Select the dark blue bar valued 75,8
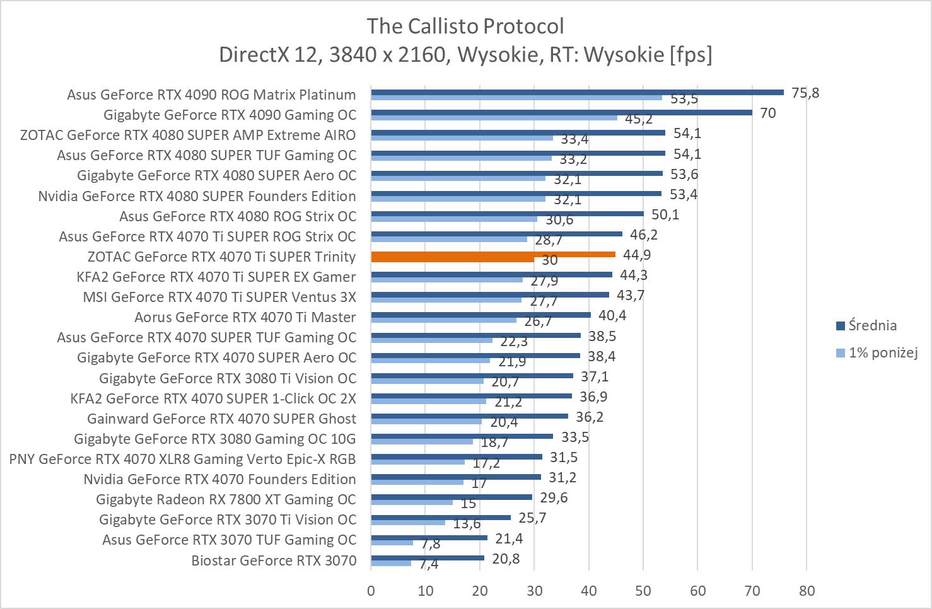576,92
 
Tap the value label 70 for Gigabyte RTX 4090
767,113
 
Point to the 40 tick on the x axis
589,591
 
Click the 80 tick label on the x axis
807,591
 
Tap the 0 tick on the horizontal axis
371,591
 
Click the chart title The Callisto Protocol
465,26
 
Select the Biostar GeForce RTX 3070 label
274,560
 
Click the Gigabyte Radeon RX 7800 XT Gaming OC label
226,499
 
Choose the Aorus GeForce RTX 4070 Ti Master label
245,317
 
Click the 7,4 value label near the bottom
428,564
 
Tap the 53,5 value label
684,99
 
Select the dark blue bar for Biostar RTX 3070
428,558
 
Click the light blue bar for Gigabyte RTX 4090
494,117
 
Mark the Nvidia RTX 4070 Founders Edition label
219,479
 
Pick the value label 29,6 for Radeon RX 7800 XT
554,498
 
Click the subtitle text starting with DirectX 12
465,55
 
